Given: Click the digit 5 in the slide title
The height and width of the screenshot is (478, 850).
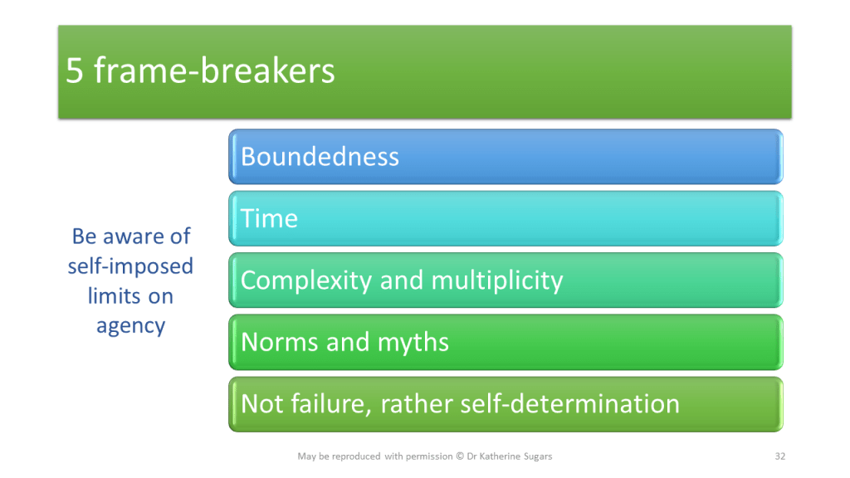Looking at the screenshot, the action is (75, 71).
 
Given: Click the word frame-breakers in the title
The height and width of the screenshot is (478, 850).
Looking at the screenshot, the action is (214, 70).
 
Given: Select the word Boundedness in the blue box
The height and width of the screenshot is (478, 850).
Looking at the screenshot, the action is (320, 157).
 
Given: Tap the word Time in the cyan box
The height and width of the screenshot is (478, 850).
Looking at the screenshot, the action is (269, 218).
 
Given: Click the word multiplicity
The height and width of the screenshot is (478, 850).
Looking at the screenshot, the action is (497, 281).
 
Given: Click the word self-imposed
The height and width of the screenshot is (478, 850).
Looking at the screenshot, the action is (130, 267).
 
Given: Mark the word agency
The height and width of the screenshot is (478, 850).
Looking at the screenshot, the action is (130, 326).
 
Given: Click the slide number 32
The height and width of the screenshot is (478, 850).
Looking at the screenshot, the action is (779, 456).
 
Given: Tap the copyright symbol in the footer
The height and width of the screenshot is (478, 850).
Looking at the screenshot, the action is (460, 456).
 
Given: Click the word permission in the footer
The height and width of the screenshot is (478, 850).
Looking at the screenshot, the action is (429, 457).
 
